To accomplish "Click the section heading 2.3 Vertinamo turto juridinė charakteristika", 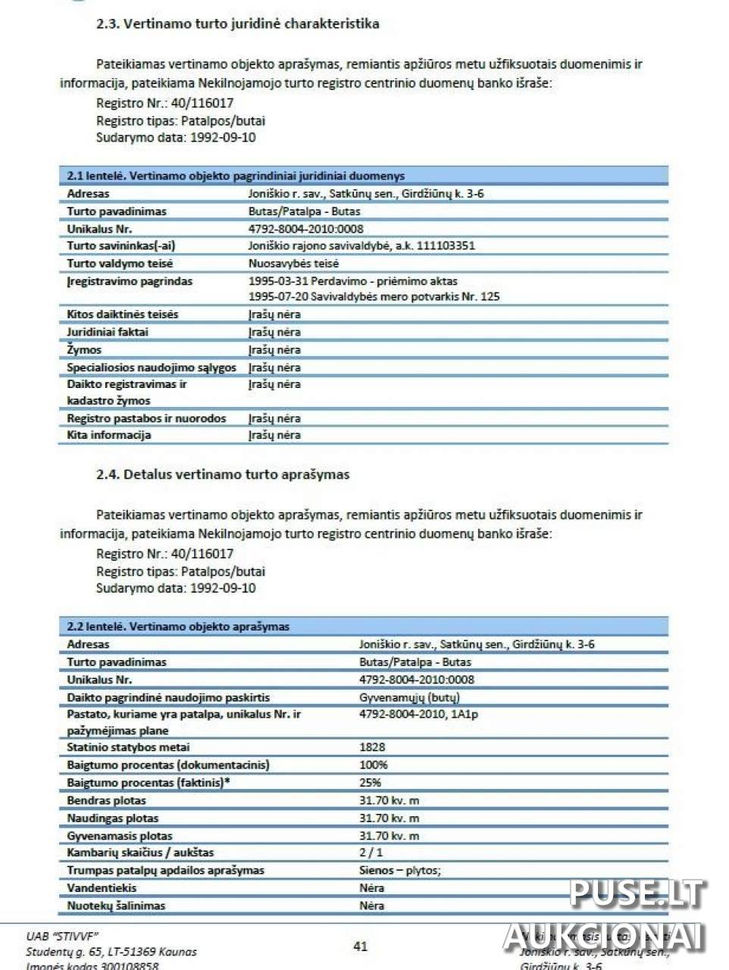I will pyautogui.click(x=237, y=23).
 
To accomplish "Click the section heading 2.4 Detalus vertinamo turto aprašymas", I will pyautogui.click(x=223, y=474).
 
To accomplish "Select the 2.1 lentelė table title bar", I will pyautogui.click(x=363, y=176).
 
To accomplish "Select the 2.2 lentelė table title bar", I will pyautogui.click(x=363, y=627).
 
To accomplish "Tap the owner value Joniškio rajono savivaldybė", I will pyautogui.click(x=361, y=246).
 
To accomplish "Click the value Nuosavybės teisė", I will pyautogui.click(x=293, y=264).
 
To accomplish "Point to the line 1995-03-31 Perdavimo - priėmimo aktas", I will pyautogui.click(x=352, y=281).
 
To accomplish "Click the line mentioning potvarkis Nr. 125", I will pyautogui.click(x=374, y=296).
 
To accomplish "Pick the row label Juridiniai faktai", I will pyautogui.click(x=108, y=332).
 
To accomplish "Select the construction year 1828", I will pyautogui.click(x=372, y=747).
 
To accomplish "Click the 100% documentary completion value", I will pyautogui.click(x=373, y=765).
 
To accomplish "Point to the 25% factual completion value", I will pyautogui.click(x=370, y=783).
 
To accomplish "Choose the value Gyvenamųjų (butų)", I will pyautogui.click(x=409, y=697).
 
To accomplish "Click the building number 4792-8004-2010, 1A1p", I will pyautogui.click(x=418, y=714).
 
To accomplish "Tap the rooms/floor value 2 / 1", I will pyautogui.click(x=371, y=853).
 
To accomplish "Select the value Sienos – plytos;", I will pyautogui.click(x=399, y=870).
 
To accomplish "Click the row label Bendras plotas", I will pyautogui.click(x=106, y=800).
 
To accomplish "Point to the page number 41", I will pyautogui.click(x=361, y=946).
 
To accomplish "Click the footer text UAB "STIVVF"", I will pyautogui.click(x=62, y=936).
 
